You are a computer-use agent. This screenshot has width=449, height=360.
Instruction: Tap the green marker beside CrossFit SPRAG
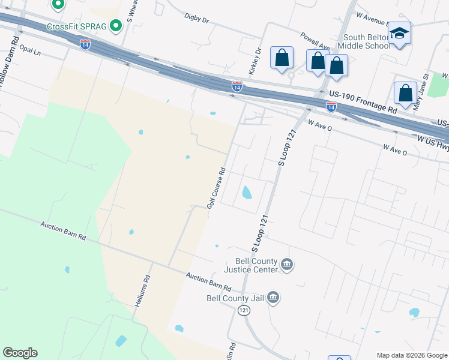click(x=116, y=26)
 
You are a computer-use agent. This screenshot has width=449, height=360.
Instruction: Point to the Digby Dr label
click(x=196, y=20)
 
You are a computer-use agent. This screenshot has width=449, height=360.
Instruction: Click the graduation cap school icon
click(x=399, y=32)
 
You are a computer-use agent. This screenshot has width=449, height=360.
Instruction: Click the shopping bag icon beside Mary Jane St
click(x=406, y=94)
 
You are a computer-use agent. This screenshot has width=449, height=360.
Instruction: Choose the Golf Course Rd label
click(x=216, y=188)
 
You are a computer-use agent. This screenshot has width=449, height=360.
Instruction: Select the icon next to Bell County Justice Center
click(x=287, y=265)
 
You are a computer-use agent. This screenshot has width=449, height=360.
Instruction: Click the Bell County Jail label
click(x=235, y=298)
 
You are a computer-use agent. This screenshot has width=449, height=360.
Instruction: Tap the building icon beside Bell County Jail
click(x=273, y=298)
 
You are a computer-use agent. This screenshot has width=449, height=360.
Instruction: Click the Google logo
click(x=20, y=353)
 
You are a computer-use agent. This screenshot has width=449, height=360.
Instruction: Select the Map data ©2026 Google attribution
click(x=412, y=355)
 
